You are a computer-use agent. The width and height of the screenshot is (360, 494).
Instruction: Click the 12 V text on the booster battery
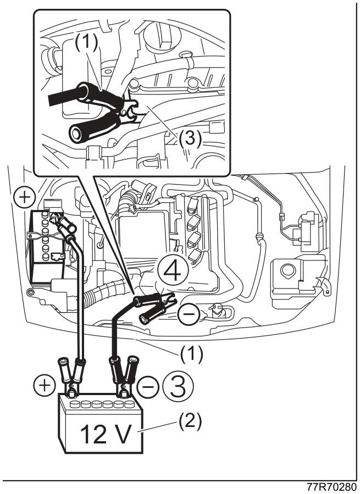click(x=106, y=434)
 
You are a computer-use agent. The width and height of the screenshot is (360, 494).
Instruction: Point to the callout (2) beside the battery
click(x=190, y=422)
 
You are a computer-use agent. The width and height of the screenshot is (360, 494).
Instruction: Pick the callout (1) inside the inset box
click(x=86, y=42)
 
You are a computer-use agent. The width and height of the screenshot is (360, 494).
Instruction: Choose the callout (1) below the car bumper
click(x=192, y=354)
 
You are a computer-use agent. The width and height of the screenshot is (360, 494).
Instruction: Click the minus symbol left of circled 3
click(x=148, y=386)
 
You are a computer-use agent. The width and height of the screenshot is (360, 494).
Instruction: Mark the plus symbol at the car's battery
click(x=24, y=198)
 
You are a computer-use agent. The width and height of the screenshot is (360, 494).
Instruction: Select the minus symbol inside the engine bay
click(x=189, y=314)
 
